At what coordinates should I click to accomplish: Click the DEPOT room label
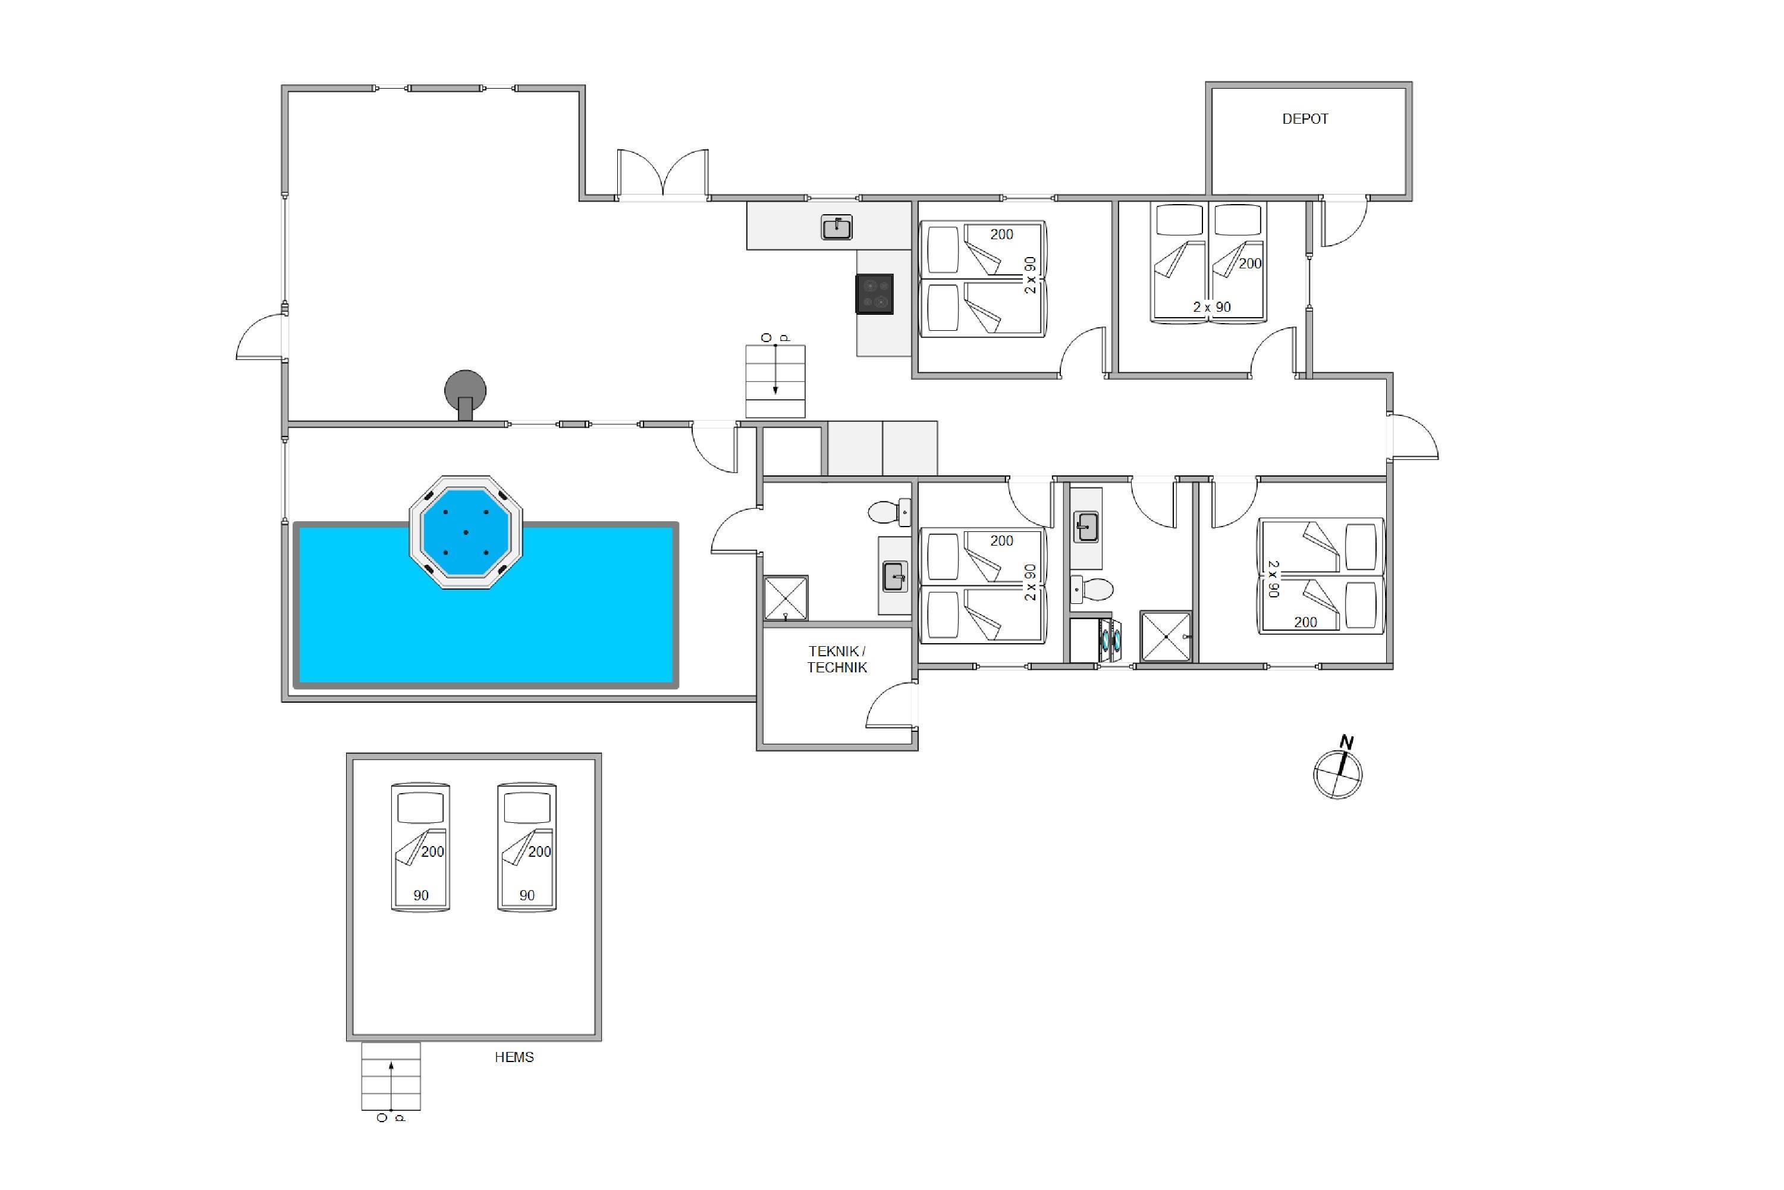(1305, 119)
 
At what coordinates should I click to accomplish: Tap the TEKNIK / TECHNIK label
(837, 659)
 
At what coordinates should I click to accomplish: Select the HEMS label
(514, 1057)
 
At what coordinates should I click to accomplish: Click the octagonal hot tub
(466, 532)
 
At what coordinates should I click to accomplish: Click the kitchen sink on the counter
(837, 227)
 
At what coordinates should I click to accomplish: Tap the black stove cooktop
(875, 294)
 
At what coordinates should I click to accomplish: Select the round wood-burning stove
(465, 394)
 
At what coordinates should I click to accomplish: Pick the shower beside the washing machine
(1166, 637)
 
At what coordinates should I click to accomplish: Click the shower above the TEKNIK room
(785, 598)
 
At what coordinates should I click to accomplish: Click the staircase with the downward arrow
(775, 381)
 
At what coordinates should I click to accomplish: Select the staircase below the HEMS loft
(391, 1076)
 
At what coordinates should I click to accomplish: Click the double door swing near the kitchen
(663, 174)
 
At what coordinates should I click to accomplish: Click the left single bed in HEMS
(420, 847)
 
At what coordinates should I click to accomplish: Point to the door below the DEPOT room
(1344, 221)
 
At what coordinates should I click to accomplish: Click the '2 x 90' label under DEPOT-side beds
(1211, 308)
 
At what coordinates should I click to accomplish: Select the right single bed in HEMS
(527, 847)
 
